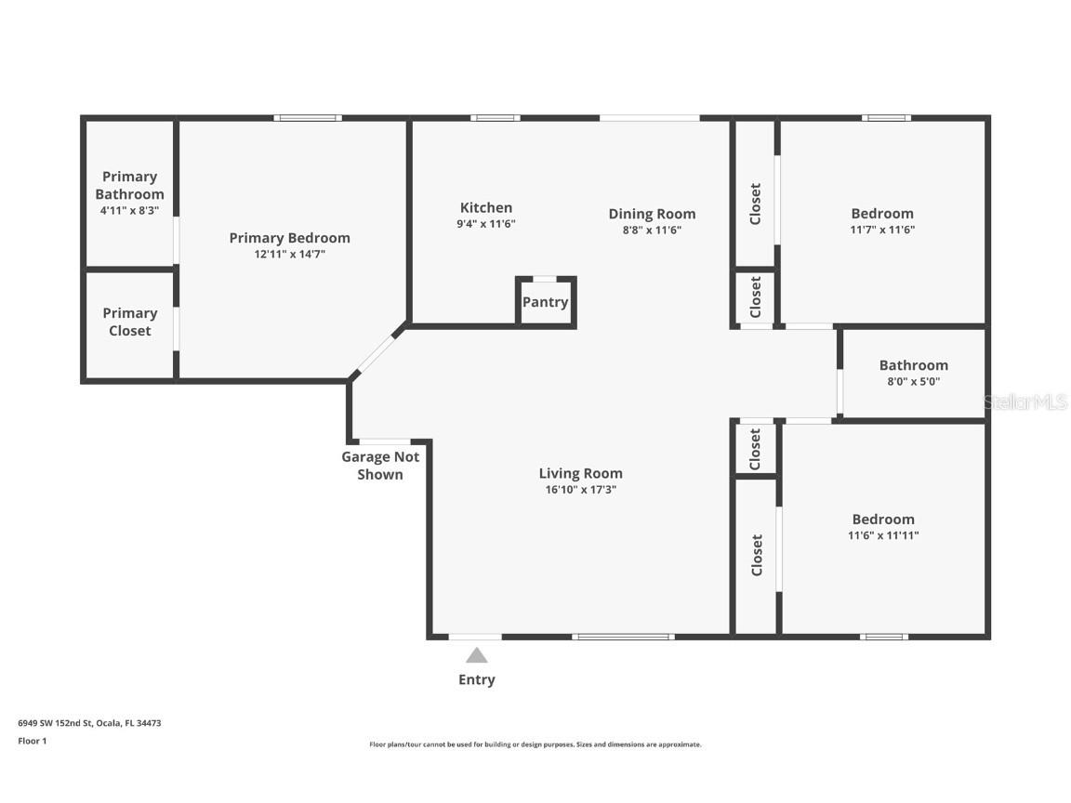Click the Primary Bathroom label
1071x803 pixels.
129,185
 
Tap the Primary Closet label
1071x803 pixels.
129,322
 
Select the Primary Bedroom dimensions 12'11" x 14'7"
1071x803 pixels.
289,254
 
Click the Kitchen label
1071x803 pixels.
485,207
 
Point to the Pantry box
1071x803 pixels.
546,302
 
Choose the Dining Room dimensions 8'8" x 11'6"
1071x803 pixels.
651,230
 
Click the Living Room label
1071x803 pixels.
580,473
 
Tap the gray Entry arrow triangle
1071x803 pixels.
476,655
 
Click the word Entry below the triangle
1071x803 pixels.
476,679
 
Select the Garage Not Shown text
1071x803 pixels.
380,465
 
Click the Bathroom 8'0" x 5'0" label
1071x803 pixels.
913,372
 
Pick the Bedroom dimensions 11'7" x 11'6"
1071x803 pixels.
881,230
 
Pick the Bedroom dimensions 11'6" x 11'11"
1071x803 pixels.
882,535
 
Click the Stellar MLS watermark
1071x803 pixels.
1025,402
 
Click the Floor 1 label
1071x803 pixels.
32,741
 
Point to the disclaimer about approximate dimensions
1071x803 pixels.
535,744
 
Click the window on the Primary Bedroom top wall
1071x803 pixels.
308,118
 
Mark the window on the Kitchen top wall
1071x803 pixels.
495,118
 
